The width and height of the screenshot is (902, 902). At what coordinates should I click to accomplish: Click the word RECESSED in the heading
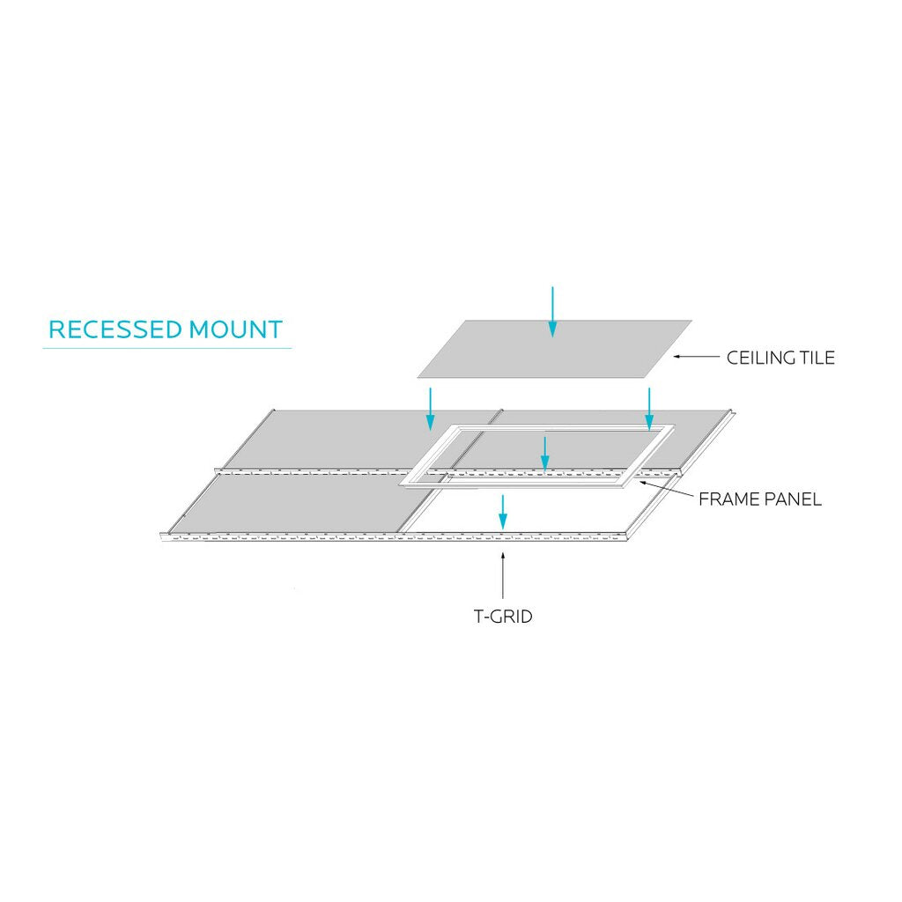115,329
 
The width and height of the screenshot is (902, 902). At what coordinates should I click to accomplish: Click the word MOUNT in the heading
236,329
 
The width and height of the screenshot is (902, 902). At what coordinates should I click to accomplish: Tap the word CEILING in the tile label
759,358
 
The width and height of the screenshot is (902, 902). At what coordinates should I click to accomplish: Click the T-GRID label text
503,617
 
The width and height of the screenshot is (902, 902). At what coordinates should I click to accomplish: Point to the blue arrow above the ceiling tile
552,311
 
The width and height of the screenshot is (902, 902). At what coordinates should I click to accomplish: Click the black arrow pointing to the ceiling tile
696,357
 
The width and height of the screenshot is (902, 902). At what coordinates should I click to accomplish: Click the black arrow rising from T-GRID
503,576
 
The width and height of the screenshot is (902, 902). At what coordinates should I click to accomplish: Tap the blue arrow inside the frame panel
544,455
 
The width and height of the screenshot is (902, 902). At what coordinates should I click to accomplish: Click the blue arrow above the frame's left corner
429,409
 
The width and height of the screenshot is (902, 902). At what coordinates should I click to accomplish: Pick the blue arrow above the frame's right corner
649,409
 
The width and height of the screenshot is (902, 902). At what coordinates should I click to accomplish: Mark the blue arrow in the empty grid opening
503,512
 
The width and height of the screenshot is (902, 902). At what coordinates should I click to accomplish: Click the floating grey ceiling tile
555,349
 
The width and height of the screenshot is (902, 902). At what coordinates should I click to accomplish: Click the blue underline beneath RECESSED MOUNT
166,348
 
